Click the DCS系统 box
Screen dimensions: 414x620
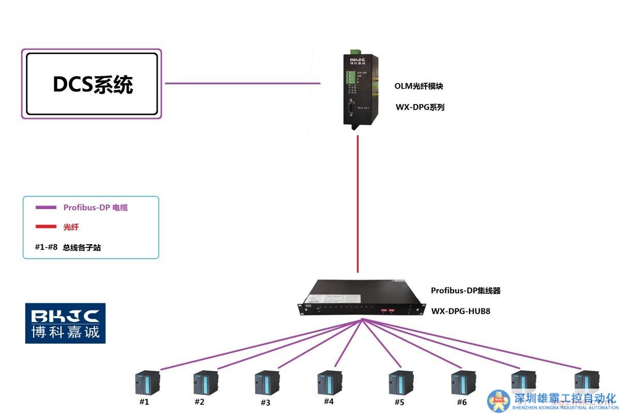click(92, 84)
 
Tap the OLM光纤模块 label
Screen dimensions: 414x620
click(419, 86)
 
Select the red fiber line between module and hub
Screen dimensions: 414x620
click(358, 207)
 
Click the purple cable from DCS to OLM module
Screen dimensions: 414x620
click(243, 83)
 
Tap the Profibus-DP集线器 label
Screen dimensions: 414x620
click(466, 291)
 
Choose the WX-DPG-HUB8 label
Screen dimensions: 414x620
click(461, 312)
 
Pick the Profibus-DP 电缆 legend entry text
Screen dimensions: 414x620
click(96, 208)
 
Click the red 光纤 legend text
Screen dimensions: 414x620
click(71, 227)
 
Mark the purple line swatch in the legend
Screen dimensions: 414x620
click(45, 208)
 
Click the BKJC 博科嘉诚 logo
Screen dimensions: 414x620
click(66, 323)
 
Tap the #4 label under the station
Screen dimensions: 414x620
click(329, 401)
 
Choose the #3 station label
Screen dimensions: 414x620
click(265, 402)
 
